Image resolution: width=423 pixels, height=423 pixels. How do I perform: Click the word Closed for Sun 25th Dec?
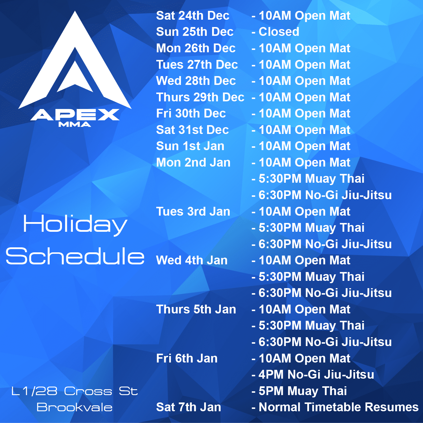click(278, 32)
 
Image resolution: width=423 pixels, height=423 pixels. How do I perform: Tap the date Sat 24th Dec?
click(193, 16)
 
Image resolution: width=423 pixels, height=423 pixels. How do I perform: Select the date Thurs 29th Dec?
click(200, 97)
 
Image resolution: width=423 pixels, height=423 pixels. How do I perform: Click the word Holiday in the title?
click(75, 224)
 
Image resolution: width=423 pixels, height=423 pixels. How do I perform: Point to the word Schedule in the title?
click(75, 256)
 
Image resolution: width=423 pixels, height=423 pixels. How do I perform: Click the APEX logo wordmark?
click(75, 115)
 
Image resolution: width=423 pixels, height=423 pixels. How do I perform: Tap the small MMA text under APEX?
click(75, 125)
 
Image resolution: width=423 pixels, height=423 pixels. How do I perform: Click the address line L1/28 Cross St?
click(75, 391)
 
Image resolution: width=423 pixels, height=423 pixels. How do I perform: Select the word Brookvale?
click(75, 407)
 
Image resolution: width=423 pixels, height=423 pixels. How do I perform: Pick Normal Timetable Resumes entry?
click(338, 407)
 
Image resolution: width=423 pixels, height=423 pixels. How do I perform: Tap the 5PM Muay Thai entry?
click(303, 391)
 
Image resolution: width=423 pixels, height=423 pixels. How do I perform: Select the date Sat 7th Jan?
click(188, 407)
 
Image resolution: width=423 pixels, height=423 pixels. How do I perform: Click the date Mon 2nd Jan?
click(193, 162)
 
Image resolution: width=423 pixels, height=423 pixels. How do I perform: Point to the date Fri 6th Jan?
click(187, 358)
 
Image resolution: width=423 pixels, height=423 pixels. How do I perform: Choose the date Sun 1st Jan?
click(190, 146)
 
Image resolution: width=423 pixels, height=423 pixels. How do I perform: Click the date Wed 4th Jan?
click(192, 260)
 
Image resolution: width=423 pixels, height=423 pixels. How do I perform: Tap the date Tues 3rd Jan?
click(193, 211)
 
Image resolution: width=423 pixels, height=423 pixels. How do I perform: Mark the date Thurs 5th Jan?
click(196, 309)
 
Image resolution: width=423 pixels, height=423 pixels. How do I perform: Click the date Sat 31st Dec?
click(192, 130)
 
